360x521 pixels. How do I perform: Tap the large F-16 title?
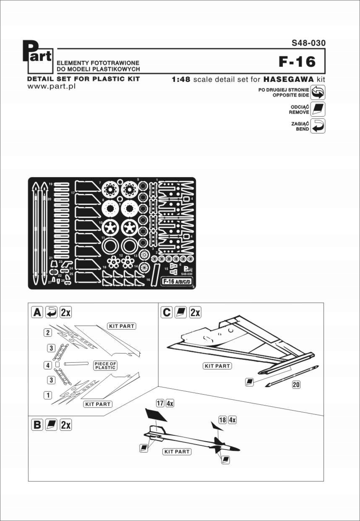pos(297,62)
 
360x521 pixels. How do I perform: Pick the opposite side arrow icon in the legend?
pos(318,92)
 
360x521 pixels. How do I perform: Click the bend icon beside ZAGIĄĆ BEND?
pos(318,126)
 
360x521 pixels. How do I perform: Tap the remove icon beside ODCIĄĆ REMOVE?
pos(318,109)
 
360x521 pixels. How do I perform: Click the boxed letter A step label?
pos(37,312)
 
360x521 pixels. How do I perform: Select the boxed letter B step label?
pos(37,424)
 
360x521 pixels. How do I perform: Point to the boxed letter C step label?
pos(167,312)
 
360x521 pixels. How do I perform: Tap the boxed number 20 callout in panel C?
pos(296,384)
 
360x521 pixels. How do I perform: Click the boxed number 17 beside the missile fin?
pos(159,403)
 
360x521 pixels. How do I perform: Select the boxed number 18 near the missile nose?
pos(222,419)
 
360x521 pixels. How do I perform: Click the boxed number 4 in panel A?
pos(48,365)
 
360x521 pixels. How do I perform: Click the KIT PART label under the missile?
pos(177,452)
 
